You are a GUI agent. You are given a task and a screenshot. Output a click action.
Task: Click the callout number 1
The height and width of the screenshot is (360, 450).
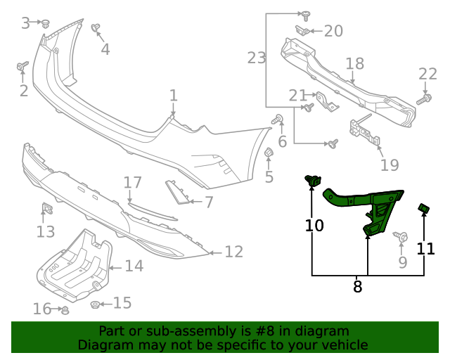(173, 95)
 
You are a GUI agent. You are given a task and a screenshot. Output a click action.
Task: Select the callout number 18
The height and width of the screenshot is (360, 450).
(354, 64)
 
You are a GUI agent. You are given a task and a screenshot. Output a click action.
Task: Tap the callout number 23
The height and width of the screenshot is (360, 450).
(257, 58)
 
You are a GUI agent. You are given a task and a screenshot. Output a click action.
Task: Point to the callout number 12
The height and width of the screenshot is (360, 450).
(233, 251)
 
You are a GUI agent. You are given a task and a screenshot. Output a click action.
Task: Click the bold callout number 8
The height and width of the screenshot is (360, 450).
(357, 286)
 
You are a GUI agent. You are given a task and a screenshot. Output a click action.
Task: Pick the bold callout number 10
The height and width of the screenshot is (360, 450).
(314, 225)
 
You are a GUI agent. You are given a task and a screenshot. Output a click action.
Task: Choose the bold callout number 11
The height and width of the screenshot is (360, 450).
(426, 248)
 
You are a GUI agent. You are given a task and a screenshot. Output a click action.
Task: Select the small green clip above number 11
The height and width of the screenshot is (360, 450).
(425, 207)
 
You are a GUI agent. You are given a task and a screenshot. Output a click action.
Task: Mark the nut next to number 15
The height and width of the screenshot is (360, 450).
(95, 304)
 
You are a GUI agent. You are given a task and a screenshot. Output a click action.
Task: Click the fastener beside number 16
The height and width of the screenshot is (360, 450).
(65, 309)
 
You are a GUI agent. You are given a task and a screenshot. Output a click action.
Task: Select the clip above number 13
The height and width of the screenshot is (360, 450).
(46, 209)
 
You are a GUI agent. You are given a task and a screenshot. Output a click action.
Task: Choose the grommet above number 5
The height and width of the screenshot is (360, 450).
(268, 153)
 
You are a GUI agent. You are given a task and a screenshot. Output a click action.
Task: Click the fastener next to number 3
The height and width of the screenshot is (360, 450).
(46, 23)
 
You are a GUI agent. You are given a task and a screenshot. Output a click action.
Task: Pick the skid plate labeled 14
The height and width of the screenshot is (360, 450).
(74, 264)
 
